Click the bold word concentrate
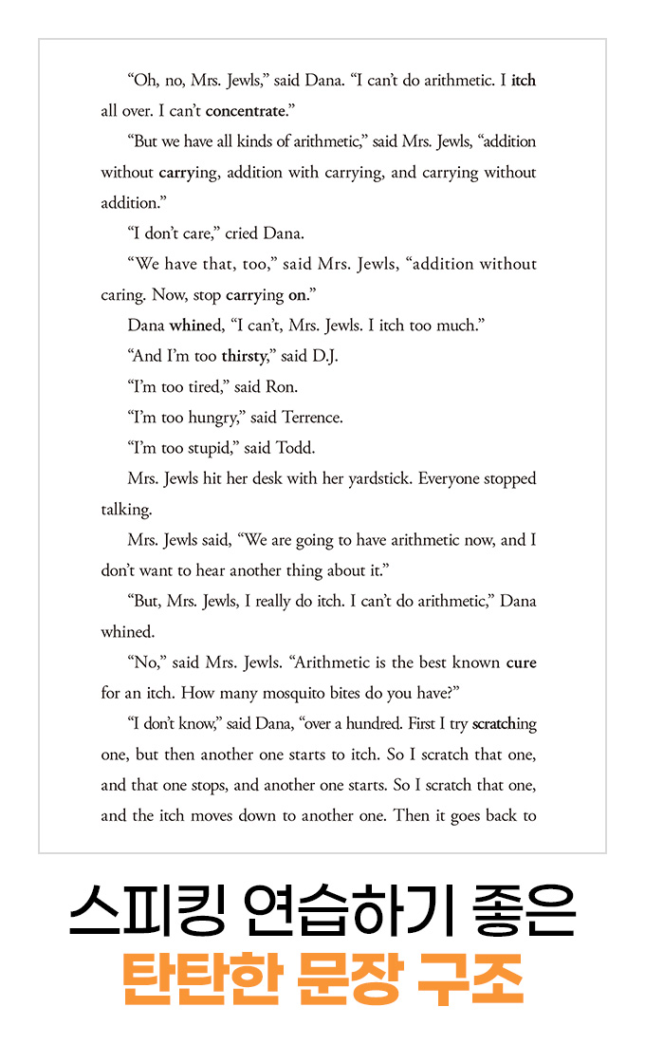tap(245, 111)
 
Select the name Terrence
tap(312, 418)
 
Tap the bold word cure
tap(521, 662)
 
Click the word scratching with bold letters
tap(505, 724)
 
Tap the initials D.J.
tap(323, 357)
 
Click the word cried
tap(241, 233)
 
